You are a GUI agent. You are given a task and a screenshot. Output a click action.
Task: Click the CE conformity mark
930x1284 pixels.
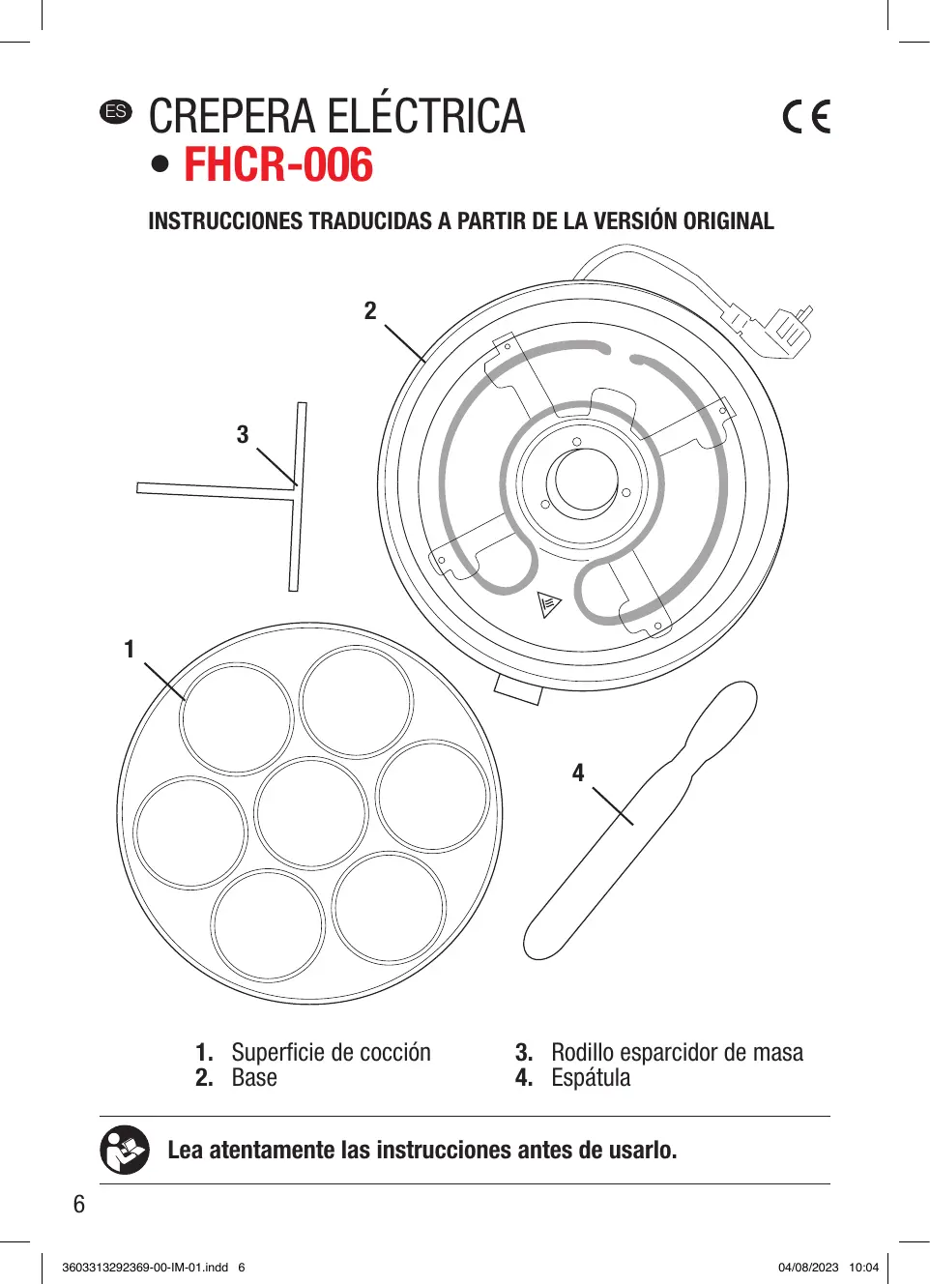806,117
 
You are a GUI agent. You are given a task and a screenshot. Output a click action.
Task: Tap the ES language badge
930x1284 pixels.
116,111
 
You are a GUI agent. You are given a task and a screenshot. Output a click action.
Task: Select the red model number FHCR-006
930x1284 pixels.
278,165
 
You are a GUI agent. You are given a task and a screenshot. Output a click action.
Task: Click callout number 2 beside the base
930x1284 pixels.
370,310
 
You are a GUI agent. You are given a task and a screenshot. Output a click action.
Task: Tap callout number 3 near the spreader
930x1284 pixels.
243,435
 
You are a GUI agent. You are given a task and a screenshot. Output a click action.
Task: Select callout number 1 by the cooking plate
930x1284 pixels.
129,650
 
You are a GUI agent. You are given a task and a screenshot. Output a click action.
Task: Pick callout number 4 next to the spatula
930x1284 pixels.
578,773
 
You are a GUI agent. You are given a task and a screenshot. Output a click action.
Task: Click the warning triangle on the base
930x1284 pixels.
549,604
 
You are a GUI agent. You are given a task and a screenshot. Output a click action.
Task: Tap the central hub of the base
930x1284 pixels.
583,480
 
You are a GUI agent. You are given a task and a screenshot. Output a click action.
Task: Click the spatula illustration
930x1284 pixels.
638,822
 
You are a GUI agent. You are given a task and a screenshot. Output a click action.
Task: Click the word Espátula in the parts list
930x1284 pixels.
591,1078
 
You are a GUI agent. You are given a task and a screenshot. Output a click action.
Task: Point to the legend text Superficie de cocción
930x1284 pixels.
331,1052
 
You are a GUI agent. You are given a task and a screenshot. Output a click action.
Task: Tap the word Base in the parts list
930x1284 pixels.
254,1078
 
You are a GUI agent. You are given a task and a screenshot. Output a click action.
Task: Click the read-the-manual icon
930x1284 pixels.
125,1150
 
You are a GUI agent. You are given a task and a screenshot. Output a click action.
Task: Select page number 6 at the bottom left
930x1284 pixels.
79,1204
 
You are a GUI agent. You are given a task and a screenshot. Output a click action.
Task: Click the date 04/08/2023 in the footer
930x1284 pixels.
808,1268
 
